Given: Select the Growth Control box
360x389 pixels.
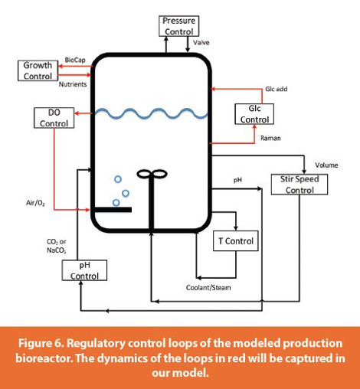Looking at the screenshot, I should (x=38, y=70).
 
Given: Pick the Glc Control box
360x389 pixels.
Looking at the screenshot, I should (x=254, y=114).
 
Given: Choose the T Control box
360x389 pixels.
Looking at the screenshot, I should (x=235, y=242).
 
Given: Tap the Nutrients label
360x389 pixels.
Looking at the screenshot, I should (x=73, y=83).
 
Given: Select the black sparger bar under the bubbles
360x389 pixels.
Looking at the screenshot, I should (x=112, y=209).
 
